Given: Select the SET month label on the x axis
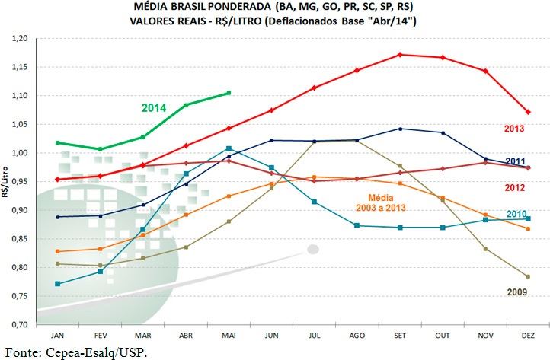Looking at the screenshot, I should pos(399,334).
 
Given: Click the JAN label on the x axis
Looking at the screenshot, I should pos(57,334).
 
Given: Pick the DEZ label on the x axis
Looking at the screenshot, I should pos(527,334).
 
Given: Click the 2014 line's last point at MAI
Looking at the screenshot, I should pos(229,93).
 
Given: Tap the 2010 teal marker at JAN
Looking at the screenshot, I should pos(58,284).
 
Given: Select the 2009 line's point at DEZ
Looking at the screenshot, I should pos(527,276).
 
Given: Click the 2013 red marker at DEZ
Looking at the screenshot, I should pos(527,112).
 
